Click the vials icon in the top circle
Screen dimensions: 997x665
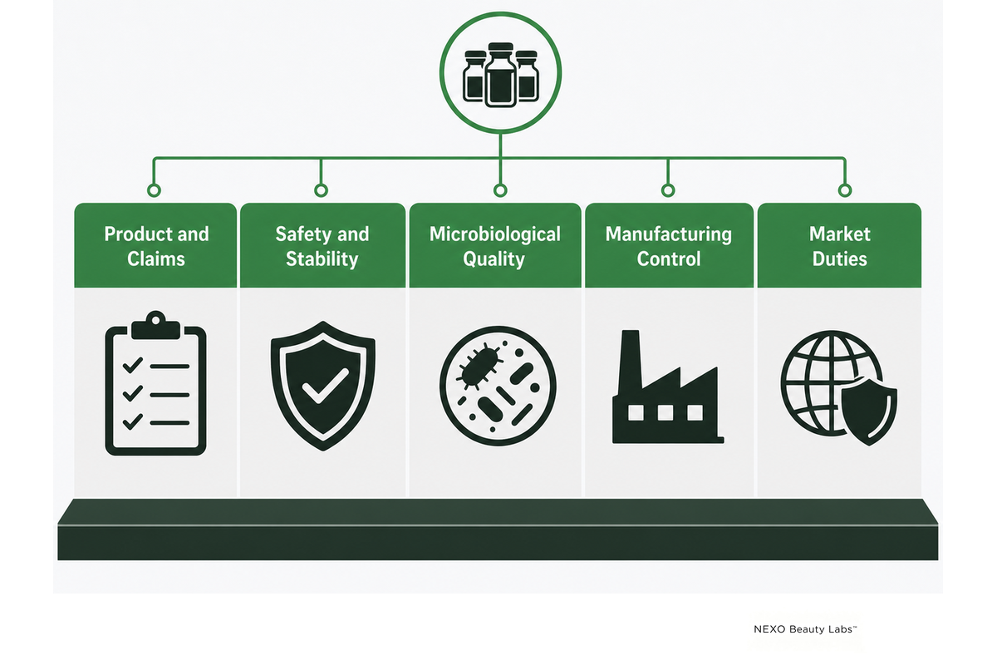[501, 75]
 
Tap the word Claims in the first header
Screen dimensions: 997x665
[156, 259]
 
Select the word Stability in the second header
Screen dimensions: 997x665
[322, 259]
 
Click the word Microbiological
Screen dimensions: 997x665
[495, 234]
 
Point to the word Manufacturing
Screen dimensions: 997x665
[669, 234]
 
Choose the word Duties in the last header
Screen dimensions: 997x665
[839, 259]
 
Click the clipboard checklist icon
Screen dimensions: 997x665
[156, 383]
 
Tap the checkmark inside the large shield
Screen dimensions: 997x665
[325, 386]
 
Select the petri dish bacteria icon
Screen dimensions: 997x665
[498, 386]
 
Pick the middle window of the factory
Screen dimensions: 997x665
[665, 412]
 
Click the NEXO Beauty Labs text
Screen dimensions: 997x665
[805, 629]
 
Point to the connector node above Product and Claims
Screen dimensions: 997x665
[154, 190]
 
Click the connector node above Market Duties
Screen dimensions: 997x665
[845, 190]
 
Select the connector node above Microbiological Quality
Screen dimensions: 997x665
[500, 190]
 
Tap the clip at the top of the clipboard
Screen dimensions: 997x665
[156, 325]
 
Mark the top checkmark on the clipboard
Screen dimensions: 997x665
[133, 365]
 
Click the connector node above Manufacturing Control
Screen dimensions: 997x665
[668, 190]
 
